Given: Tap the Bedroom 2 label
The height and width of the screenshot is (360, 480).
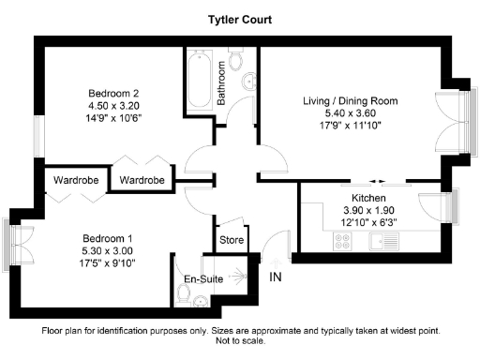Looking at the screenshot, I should (x=113, y=93).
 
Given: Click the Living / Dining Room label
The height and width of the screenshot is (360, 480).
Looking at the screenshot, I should (x=350, y=100).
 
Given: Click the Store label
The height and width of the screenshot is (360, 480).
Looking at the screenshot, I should (x=231, y=240).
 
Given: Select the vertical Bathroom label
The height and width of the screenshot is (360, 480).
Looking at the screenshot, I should (x=222, y=83).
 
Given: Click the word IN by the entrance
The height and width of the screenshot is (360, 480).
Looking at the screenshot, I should (x=276, y=277).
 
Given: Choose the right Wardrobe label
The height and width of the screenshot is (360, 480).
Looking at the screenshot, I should (x=142, y=179).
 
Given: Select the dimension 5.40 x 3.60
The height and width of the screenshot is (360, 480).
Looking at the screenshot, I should (x=350, y=114).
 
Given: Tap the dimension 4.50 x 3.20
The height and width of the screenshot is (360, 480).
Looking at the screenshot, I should (x=113, y=106).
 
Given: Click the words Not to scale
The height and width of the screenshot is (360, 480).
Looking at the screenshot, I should (x=239, y=343).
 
